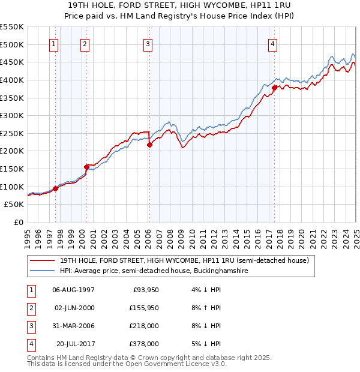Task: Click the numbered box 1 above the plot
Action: tap(55, 44)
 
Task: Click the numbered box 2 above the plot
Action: tap(85, 44)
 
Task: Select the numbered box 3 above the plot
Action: tap(148, 44)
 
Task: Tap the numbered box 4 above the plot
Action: tap(272, 44)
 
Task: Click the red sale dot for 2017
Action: tap(274, 88)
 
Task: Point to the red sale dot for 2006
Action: tap(150, 145)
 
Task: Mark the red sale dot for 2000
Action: tap(86, 167)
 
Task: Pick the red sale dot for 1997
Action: tap(55, 188)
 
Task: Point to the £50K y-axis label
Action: tap(14, 204)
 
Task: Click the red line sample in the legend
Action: tap(42, 261)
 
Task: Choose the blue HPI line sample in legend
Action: tap(42, 271)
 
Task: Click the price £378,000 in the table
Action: tap(145, 344)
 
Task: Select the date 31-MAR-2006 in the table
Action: tap(74, 326)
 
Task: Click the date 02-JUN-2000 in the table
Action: tap(74, 308)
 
